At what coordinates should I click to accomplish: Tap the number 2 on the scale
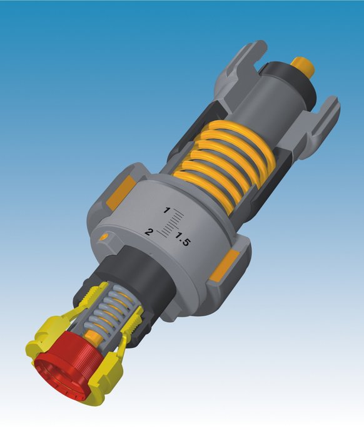coord(149,232)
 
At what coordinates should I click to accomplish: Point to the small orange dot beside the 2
coord(104,237)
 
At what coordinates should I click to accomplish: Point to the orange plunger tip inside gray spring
coord(93,339)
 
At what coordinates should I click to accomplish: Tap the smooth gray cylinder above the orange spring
coord(263,106)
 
